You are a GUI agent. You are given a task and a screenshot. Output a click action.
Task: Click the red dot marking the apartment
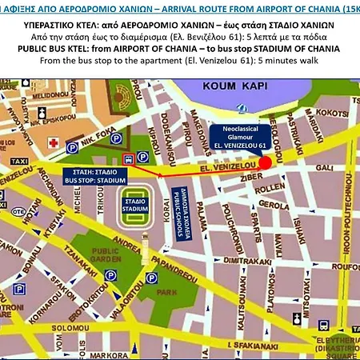[265, 162]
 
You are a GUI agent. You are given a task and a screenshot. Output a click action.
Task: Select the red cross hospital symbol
[54, 142]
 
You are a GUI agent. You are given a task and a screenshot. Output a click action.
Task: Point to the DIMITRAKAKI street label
[246, 260]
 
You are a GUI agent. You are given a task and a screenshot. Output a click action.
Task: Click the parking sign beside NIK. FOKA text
[73, 147]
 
